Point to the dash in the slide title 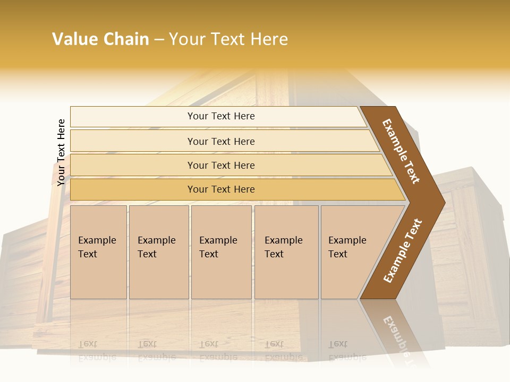159,40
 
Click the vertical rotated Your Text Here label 61,152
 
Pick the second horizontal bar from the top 221,141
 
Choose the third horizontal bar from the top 221,165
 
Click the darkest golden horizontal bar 221,189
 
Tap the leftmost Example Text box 98,252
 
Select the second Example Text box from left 159,252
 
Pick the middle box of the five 221,252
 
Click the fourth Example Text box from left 286,252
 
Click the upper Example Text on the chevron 401,151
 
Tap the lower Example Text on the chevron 403,250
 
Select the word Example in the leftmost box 97,240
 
